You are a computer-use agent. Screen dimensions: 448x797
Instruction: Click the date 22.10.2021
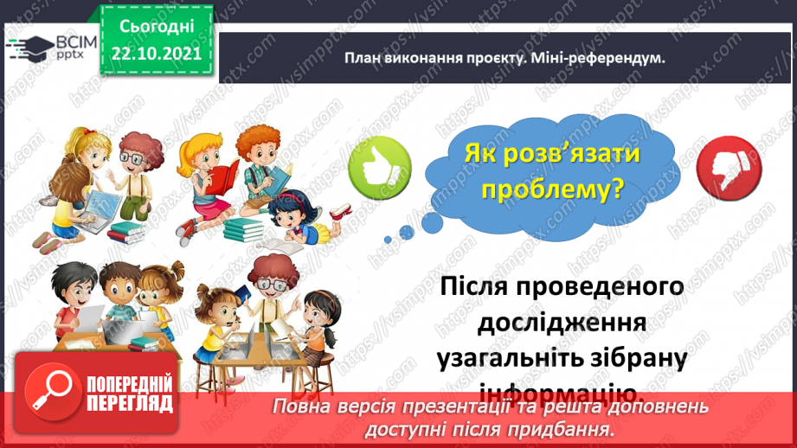click(156, 52)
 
